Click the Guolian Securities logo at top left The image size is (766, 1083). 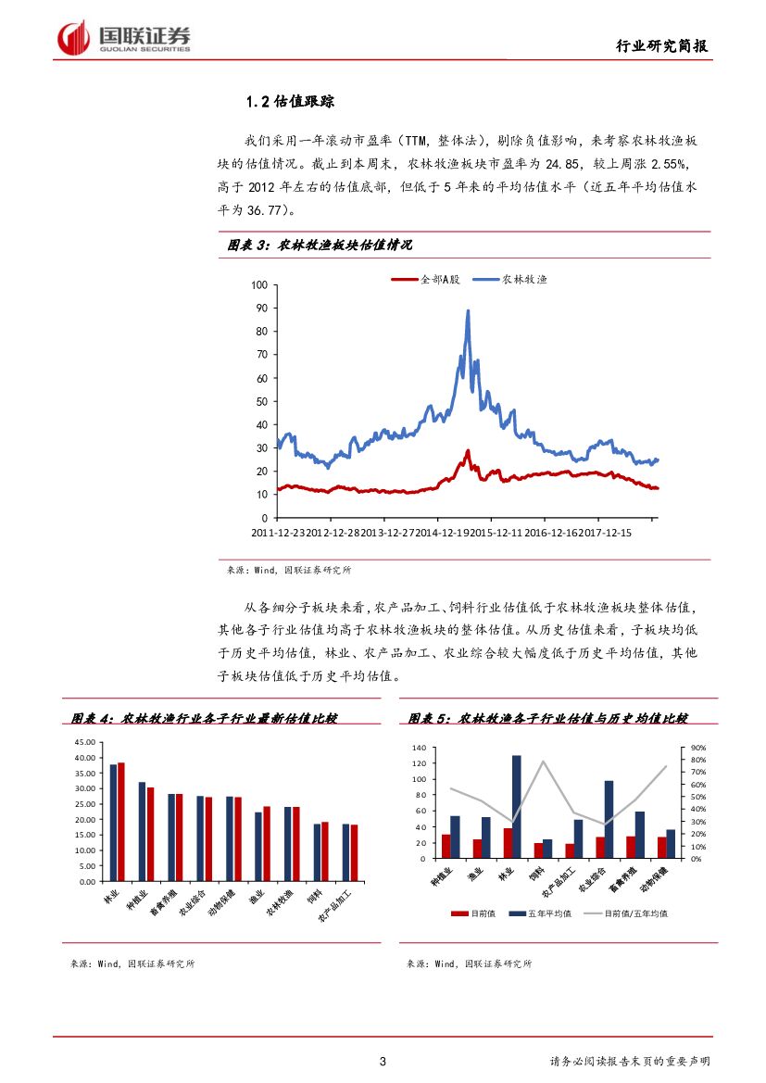pyautogui.click(x=124, y=38)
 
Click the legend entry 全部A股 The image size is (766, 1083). pyautogui.click(x=427, y=279)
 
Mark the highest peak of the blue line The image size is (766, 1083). pyautogui.click(x=468, y=311)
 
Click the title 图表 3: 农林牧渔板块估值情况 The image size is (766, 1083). pyautogui.click(x=320, y=246)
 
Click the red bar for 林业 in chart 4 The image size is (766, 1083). pyautogui.click(x=121, y=822)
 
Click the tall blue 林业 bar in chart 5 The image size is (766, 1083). pyautogui.click(x=516, y=807)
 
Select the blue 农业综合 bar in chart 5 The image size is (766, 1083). pyautogui.click(x=609, y=819)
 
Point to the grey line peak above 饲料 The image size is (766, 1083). pyautogui.click(x=542, y=762)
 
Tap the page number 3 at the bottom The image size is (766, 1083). pyautogui.click(x=383, y=1061)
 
